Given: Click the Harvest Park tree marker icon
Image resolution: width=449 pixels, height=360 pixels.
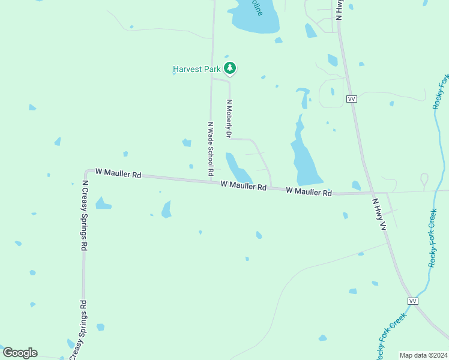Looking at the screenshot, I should pyautogui.click(x=229, y=68).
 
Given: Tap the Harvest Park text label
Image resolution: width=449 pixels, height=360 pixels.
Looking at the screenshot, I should pyautogui.click(x=197, y=69).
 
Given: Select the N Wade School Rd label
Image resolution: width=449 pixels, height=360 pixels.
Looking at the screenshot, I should pyautogui.click(x=211, y=148).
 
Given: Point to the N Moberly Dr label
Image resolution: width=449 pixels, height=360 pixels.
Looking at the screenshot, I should pyautogui.click(x=229, y=118).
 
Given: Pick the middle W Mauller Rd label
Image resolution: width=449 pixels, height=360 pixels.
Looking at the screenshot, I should pyautogui.click(x=243, y=186).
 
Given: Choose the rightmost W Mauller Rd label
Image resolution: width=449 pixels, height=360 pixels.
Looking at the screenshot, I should pyautogui.click(x=309, y=192).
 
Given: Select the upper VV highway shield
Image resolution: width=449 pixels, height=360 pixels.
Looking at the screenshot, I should pyautogui.click(x=352, y=98).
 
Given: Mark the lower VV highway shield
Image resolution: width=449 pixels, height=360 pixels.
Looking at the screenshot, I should pyautogui.click(x=412, y=301).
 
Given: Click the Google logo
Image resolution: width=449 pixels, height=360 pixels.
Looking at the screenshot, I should pyautogui.click(x=20, y=352).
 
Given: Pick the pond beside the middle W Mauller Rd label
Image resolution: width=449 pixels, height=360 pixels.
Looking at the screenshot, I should pyautogui.click(x=236, y=168).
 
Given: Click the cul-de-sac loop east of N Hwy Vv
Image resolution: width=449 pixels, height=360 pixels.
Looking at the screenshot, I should pyautogui.click(x=424, y=178).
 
